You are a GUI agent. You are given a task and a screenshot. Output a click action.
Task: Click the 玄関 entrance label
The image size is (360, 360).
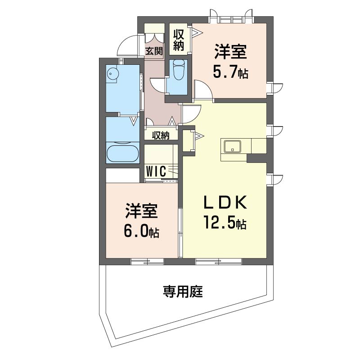pyautogui.click(x=154, y=51)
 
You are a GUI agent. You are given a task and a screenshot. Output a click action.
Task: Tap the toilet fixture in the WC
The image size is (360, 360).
pyautogui.click(x=179, y=70)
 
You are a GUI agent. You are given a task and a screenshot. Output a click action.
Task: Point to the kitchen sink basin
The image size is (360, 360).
pyautogui.click(x=233, y=147)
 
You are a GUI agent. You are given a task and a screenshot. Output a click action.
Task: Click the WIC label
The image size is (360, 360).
pyautogui.click(x=156, y=171)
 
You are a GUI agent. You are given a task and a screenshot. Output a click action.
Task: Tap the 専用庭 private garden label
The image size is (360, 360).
pyautogui.click(x=183, y=292)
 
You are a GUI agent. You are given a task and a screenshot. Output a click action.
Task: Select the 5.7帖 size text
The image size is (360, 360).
pyautogui.click(x=230, y=73)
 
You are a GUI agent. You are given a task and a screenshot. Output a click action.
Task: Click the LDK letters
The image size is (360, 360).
pyautogui.click(x=225, y=202)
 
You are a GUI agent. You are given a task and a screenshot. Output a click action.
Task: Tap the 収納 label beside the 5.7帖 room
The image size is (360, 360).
pyautogui.click(x=179, y=40)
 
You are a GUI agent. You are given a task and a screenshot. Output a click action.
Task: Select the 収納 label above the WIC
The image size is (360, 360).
pyautogui.click(x=161, y=135)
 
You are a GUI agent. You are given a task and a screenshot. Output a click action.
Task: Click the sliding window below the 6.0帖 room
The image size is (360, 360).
pyautogui.click(x=147, y=262)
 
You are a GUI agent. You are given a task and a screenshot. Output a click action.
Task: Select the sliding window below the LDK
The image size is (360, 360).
pyautogui.click(x=218, y=262)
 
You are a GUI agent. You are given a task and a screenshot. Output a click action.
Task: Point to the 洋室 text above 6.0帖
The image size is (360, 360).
pyautogui.click(x=141, y=211)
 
